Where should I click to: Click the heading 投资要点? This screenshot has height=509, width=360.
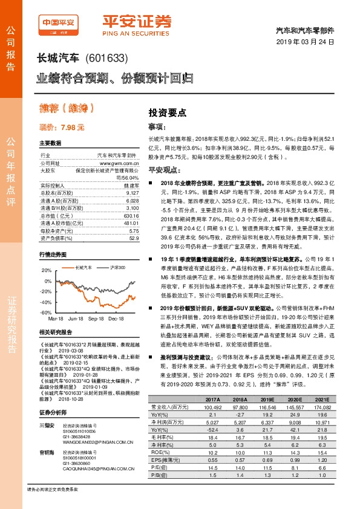point(167,112)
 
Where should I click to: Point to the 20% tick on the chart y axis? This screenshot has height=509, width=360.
point(47,270)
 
